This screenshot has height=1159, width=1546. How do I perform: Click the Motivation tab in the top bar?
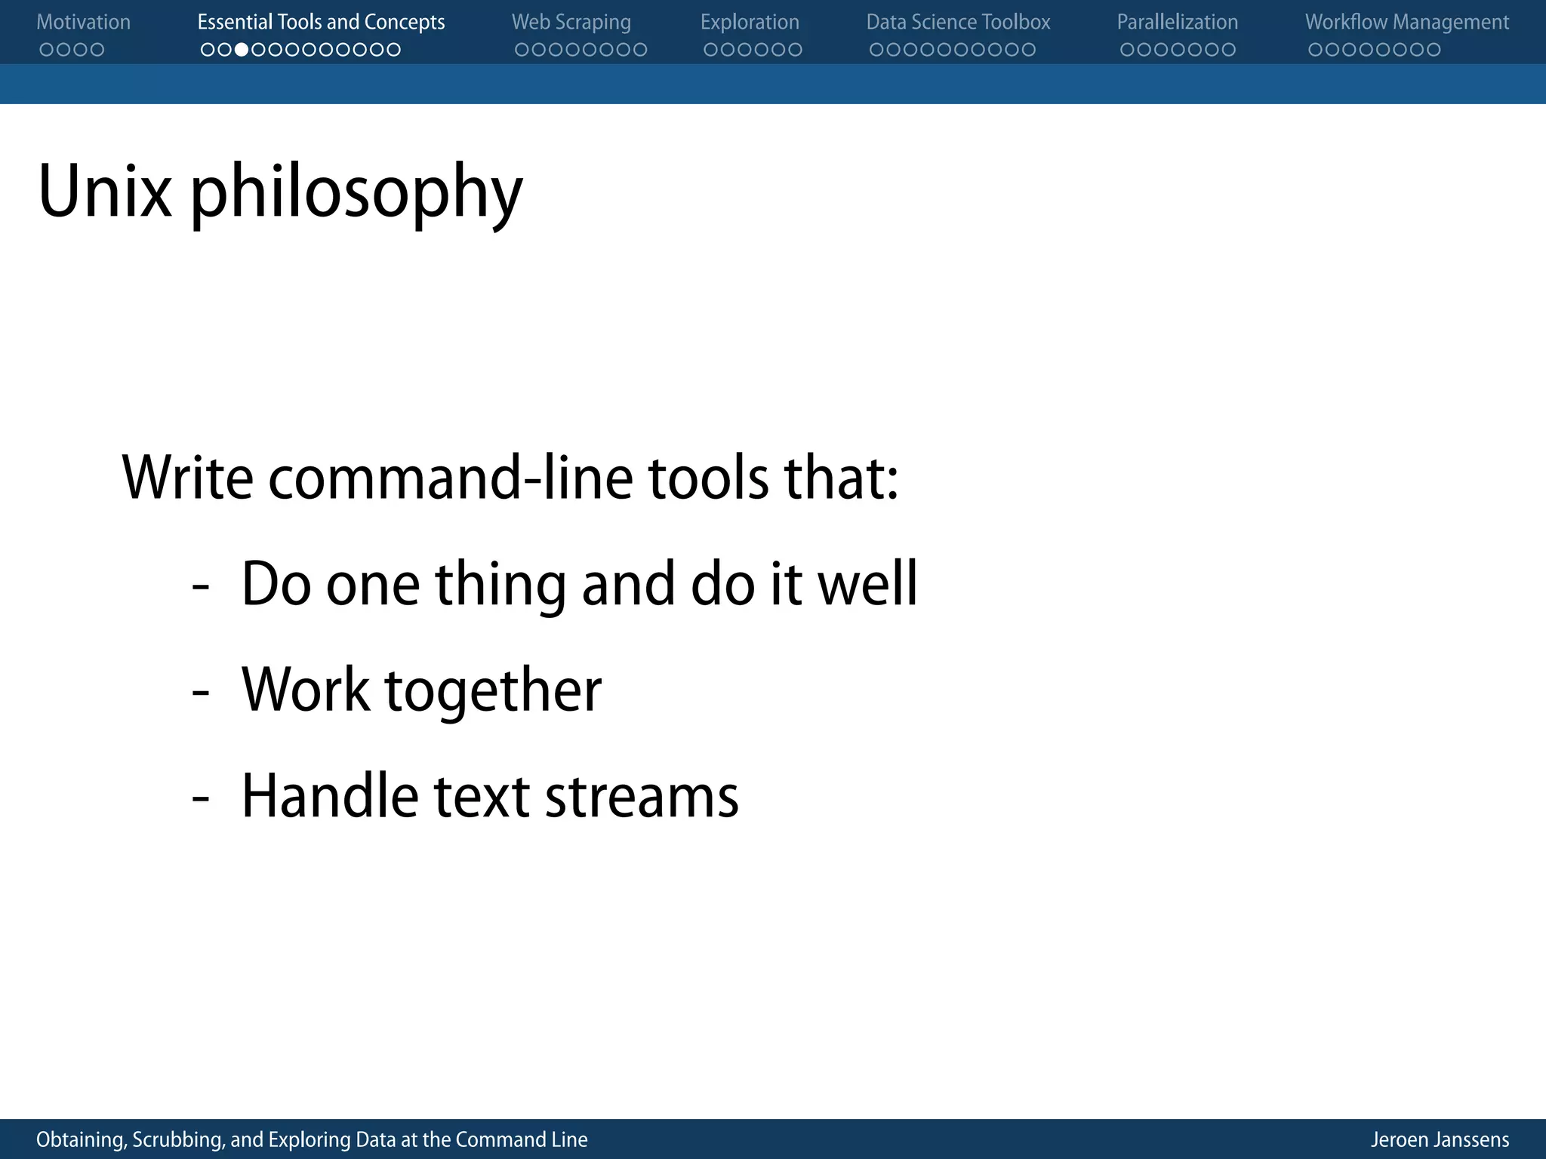[83, 23]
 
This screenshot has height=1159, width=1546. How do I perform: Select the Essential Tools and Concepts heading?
[321, 23]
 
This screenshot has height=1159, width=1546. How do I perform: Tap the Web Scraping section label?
[571, 23]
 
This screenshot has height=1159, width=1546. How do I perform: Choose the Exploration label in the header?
[750, 23]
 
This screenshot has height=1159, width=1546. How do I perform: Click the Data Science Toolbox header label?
[958, 23]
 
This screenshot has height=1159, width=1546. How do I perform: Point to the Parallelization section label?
[1177, 23]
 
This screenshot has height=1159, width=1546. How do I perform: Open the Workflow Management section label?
[1407, 23]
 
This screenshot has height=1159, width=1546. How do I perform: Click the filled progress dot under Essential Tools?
[242, 50]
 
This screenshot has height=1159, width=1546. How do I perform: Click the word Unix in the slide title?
[105, 192]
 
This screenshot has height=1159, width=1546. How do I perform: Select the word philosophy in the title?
[356, 195]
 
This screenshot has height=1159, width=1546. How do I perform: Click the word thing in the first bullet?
[500, 586]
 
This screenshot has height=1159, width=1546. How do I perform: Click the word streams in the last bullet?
[641, 797]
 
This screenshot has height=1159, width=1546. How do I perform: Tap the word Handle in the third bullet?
[329, 797]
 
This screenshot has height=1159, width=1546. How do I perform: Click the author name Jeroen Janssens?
[1440, 1139]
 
